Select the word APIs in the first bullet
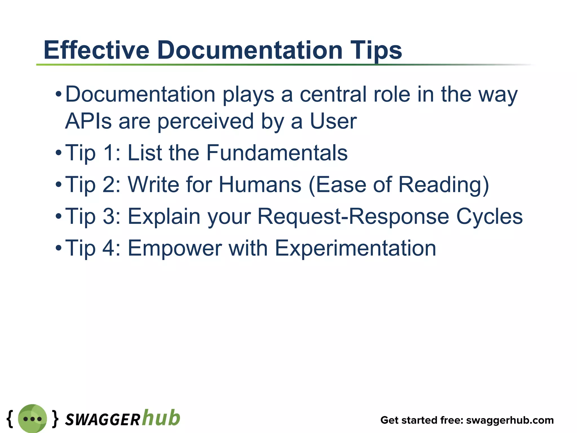coord(88,121)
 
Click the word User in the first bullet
coord(333,121)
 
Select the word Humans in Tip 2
coord(260,185)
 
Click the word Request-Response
coord(353,216)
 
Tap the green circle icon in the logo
coord(32,419)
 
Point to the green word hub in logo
coord(161,417)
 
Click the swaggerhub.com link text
coord(510,420)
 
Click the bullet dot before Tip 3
coord(58,216)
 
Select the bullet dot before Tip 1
coord(58,153)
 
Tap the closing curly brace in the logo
coord(56,419)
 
